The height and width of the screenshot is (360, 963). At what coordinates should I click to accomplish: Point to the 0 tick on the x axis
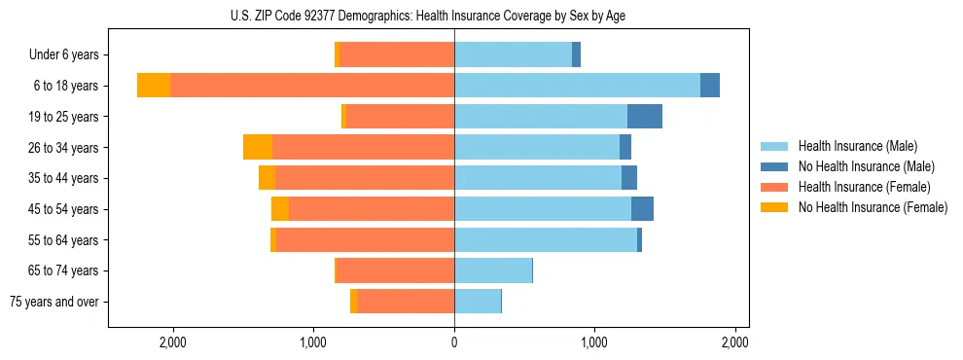click(x=454, y=342)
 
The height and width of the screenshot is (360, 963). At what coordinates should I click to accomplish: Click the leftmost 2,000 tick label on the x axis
click(x=172, y=342)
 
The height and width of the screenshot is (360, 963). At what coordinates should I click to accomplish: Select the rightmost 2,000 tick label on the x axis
click(x=735, y=342)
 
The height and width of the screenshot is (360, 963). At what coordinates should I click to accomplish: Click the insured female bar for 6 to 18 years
click(x=311, y=86)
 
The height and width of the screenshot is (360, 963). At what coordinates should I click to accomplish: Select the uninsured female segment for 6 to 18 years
click(x=154, y=86)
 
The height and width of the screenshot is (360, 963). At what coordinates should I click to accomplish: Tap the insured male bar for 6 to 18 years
click(x=577, y=86)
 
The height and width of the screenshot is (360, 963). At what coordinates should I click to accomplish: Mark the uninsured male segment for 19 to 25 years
click(x=645, y=117)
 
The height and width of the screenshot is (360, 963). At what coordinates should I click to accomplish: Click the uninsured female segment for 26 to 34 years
click(x=258, y=147)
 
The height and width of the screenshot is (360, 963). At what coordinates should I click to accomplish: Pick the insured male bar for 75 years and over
click(x=478, y=302)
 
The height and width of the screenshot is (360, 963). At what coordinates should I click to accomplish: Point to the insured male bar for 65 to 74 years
click(x=493, y=270)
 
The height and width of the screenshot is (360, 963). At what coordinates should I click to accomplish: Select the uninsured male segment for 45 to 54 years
click(x=642, y=209)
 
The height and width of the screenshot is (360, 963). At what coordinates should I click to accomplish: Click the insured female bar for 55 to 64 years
click(x=365, y=239)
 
